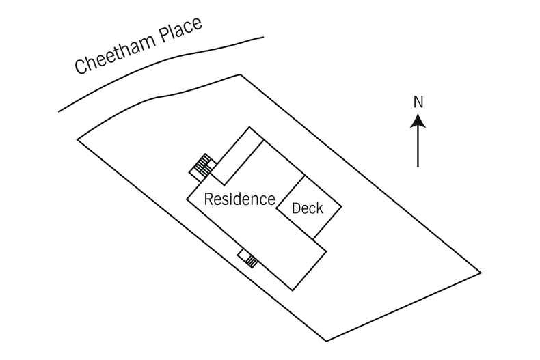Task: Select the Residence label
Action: (x=239, y=199)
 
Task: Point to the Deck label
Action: (x=307, y=208)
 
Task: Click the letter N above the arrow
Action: (x=418, y=102)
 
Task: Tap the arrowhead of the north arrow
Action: (x=418, y=122)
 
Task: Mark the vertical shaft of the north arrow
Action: (x=418, y=147)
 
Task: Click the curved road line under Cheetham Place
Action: (x=157, y=65)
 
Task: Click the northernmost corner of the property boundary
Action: (x=239, y=74)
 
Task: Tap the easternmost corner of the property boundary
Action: (x=481, y=273)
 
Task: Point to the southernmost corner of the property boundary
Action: (x=326, y=341)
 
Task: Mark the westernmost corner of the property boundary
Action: (x=77, y=139)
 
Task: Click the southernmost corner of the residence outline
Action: (x=293, y=290)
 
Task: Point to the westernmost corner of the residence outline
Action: (x=187, y=199)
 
